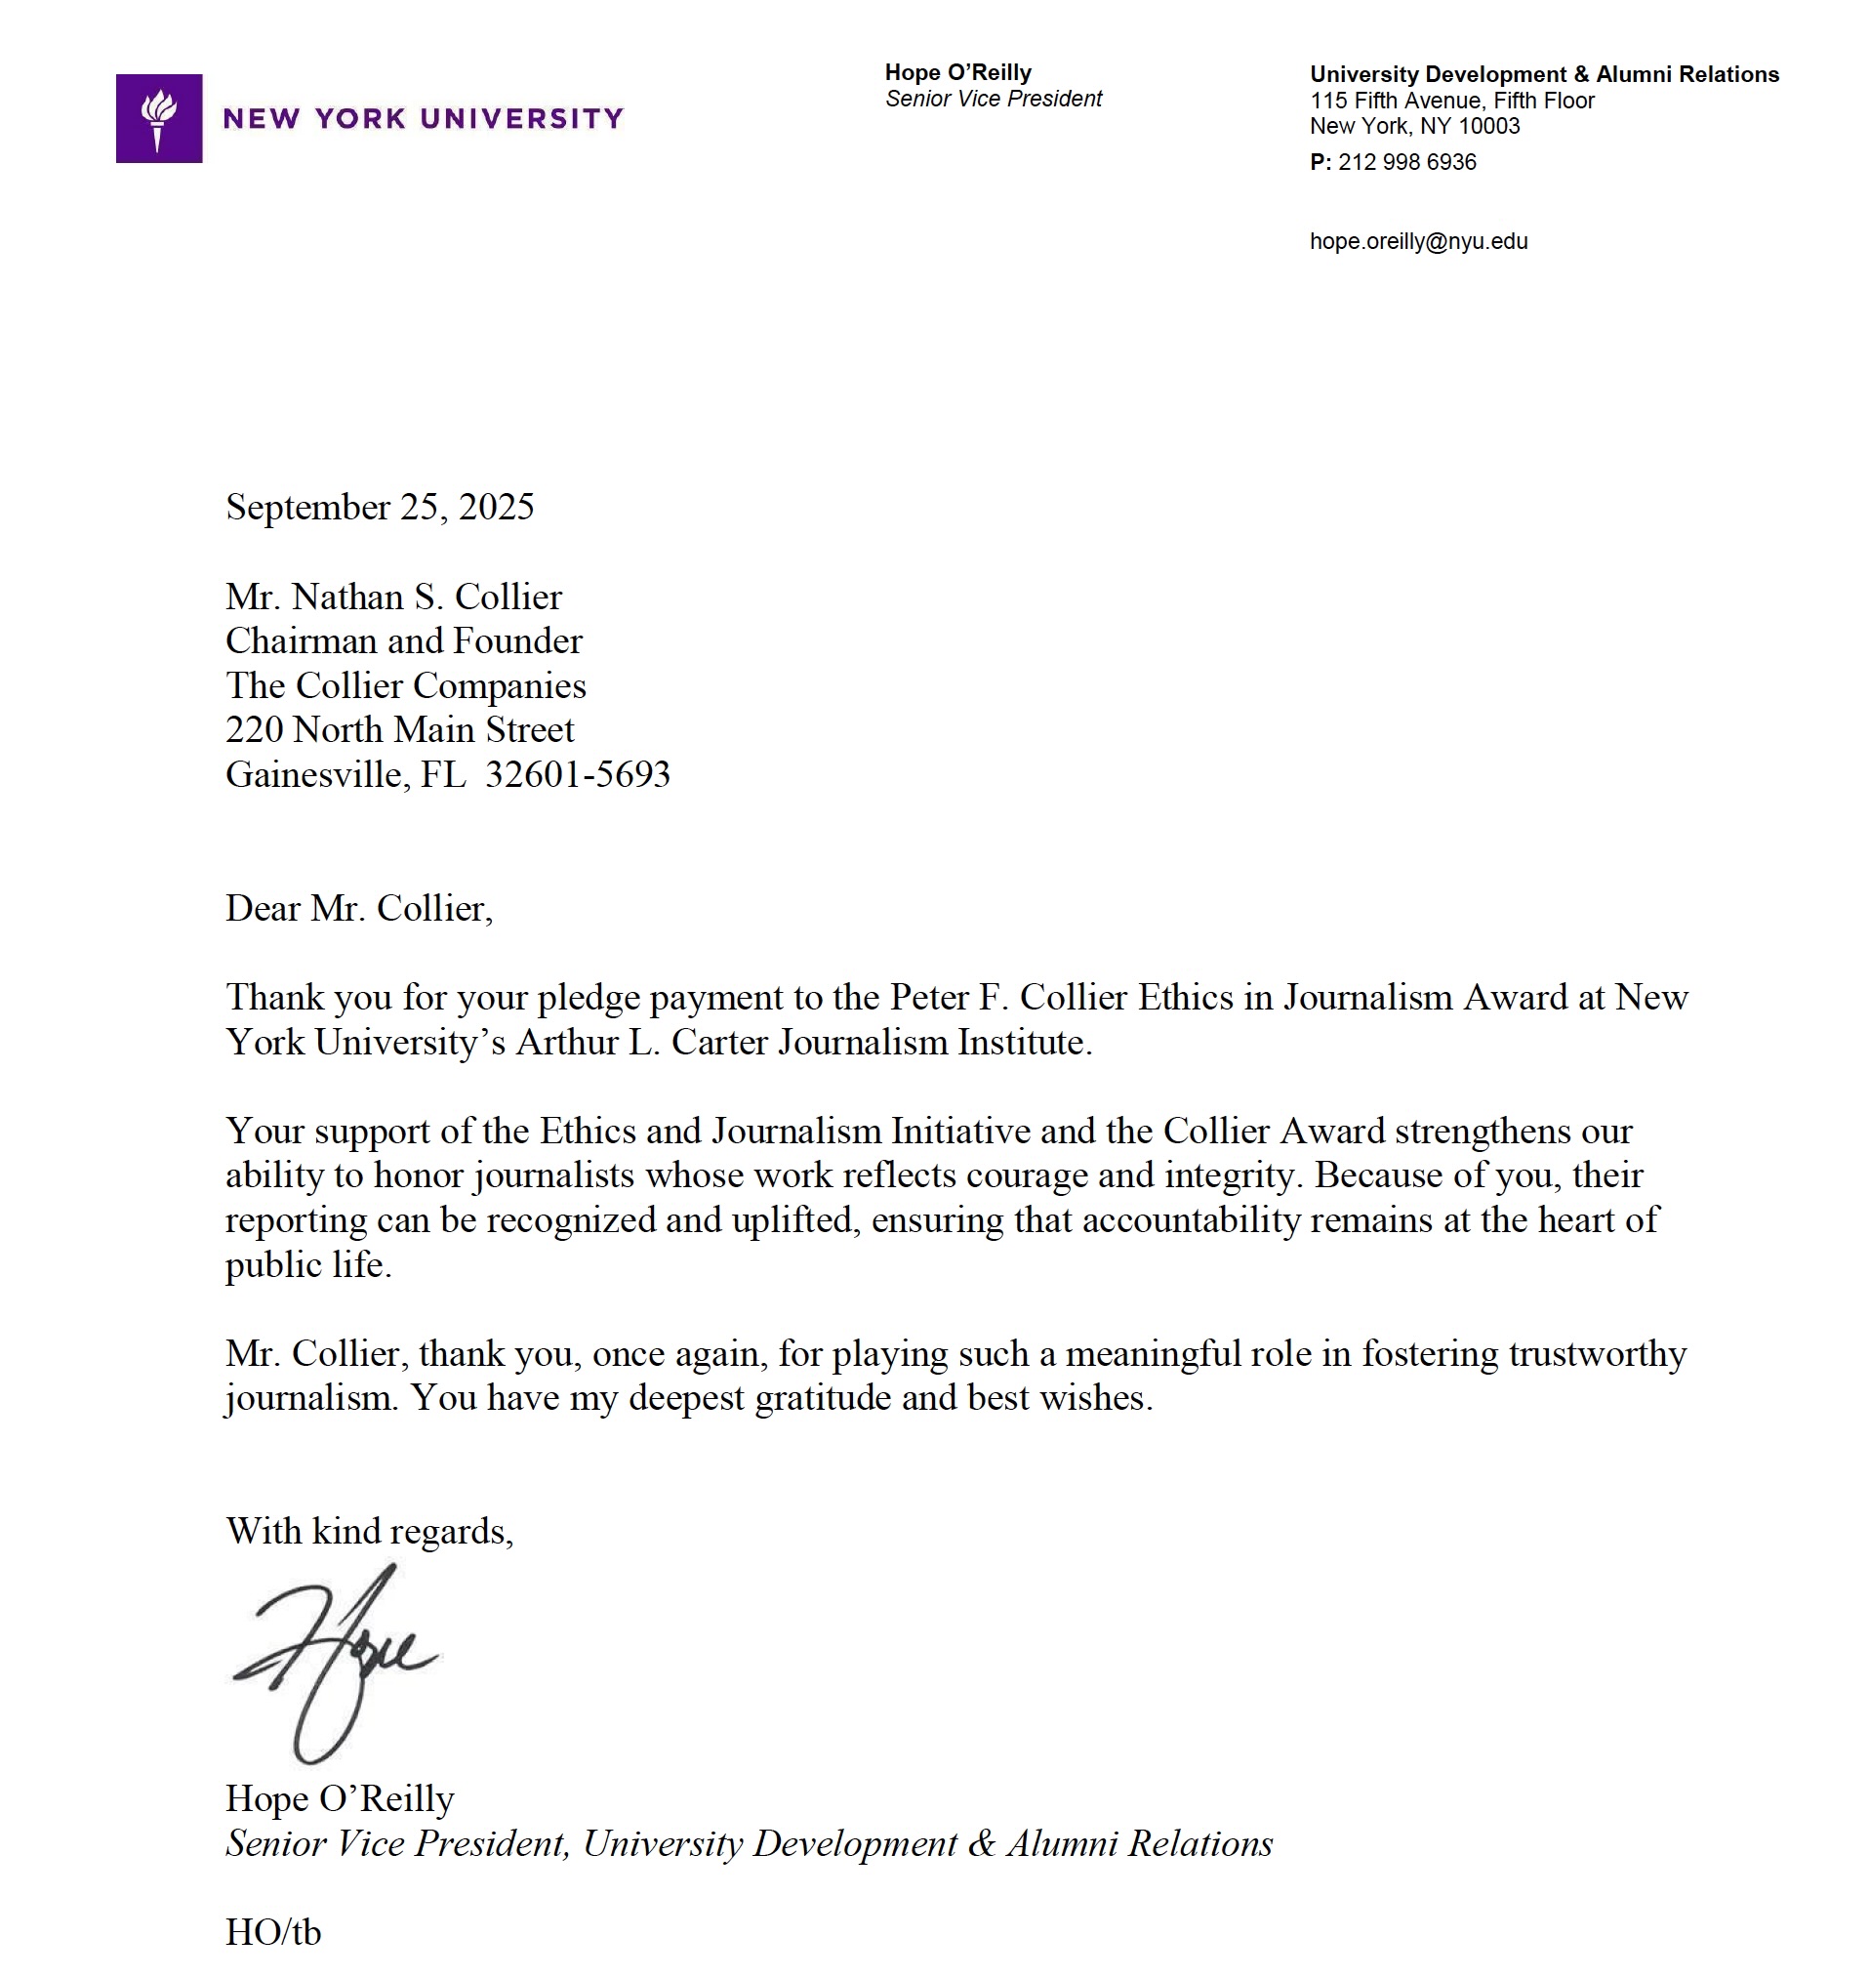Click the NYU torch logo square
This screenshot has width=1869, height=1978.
coord(158,118)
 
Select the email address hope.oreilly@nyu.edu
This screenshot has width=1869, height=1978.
coord(1418,242)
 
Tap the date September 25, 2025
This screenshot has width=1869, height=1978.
coord(380,508)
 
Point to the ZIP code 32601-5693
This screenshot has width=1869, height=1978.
coord(578,774)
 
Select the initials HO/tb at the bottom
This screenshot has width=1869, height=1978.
coord(273,1932)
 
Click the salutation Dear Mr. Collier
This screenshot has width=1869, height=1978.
coord(358,908)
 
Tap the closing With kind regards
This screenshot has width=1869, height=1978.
coord(370,1531)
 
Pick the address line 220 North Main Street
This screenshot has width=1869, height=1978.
coord(399,730)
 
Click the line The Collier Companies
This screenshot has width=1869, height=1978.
coord(405,685)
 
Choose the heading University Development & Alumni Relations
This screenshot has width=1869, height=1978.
coord(1543,75)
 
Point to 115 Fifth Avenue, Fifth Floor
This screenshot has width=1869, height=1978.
coord(1451,101)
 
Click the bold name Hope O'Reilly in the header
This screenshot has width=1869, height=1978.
coord(957,73)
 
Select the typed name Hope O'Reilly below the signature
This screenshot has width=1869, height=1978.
coord(340,1798)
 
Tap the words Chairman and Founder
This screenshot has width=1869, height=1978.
coord(403,640)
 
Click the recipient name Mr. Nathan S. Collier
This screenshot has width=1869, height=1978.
coord(393,597)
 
